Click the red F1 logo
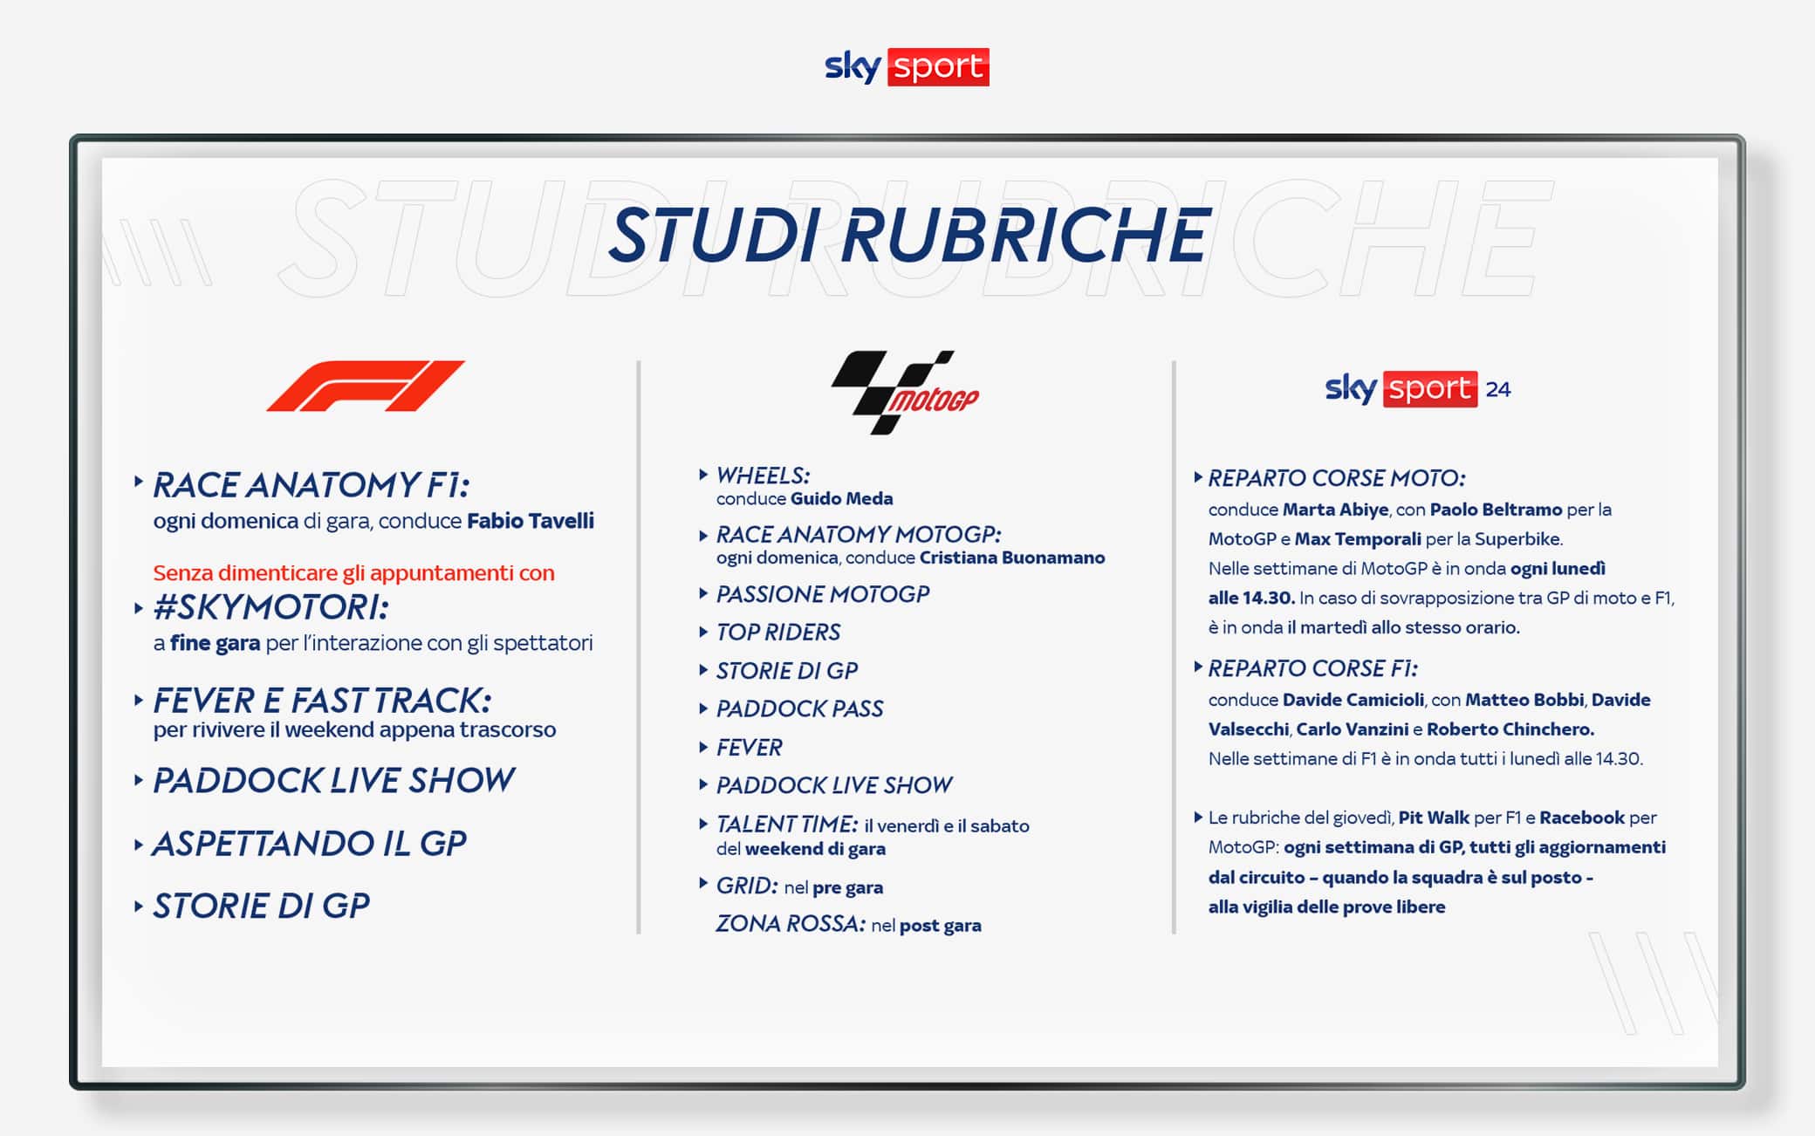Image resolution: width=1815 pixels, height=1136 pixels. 365,385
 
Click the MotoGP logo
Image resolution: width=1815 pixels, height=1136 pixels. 905,393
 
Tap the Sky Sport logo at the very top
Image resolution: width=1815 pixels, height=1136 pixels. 907,67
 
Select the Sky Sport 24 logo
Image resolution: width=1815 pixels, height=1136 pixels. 1417,388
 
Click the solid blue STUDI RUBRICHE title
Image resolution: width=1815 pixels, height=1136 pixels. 907,235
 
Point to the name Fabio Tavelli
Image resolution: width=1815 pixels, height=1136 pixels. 531,521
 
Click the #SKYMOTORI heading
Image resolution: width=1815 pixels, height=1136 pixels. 271,607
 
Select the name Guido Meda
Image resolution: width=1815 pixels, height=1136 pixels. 842,498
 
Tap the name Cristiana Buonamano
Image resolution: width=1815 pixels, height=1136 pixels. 1012,558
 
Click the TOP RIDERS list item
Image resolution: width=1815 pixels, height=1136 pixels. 778,632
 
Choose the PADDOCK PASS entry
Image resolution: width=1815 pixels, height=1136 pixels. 800,708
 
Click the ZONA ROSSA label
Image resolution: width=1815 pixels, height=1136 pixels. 791,923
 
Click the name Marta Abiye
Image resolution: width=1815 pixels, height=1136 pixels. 1335,510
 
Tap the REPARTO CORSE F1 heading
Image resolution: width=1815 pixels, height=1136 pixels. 1313,668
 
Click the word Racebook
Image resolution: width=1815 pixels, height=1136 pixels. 1582,818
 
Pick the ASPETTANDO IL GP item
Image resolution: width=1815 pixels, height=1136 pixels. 310,844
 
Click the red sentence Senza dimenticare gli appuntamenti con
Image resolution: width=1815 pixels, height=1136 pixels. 353,573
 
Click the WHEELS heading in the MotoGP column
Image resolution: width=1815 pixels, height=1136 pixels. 764,476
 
